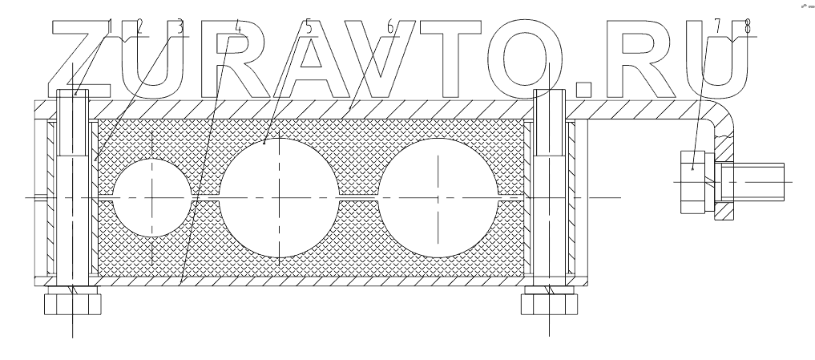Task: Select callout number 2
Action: tap(139, 26)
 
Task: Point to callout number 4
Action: tap(237, 26)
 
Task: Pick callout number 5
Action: tap(309, 26)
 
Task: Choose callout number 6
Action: tap(390, 26)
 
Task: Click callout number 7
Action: tap(718, 26)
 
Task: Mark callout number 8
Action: tap(748, 26)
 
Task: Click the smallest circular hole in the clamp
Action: tap(151, 197)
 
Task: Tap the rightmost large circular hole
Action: tap(438, 197)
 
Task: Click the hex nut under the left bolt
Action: tap(74, 303)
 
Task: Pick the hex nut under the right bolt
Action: tap(548, 303)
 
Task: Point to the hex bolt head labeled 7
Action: tap(693, 182)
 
